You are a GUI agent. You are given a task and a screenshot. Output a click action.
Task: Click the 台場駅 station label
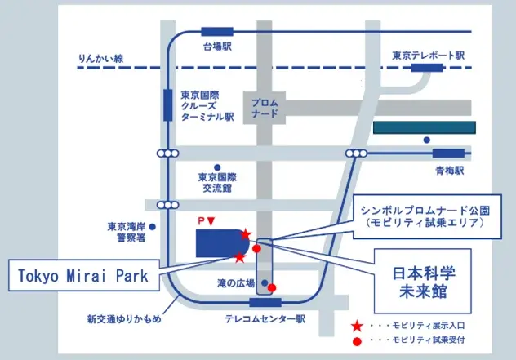pyautogui.click(x=218, y=47)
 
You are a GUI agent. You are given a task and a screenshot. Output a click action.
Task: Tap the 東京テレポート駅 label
pyautogui.click(x=428, y=56)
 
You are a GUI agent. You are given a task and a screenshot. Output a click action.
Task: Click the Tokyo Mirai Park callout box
pyautogui.click(x=83, y=276)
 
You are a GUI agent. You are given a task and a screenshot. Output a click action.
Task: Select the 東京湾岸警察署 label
pyautogui.click(x=126, y=232)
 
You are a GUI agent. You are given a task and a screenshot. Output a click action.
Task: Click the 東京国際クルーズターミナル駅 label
pyautogui.click(x=207, y=105)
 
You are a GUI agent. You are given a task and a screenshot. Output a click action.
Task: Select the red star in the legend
pyautogui.click(x=356, y=326)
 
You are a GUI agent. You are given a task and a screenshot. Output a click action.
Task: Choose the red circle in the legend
pyautogui.click(x=356, y=341)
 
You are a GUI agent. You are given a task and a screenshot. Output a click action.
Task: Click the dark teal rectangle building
pyautogui.click(x=424, y=128)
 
